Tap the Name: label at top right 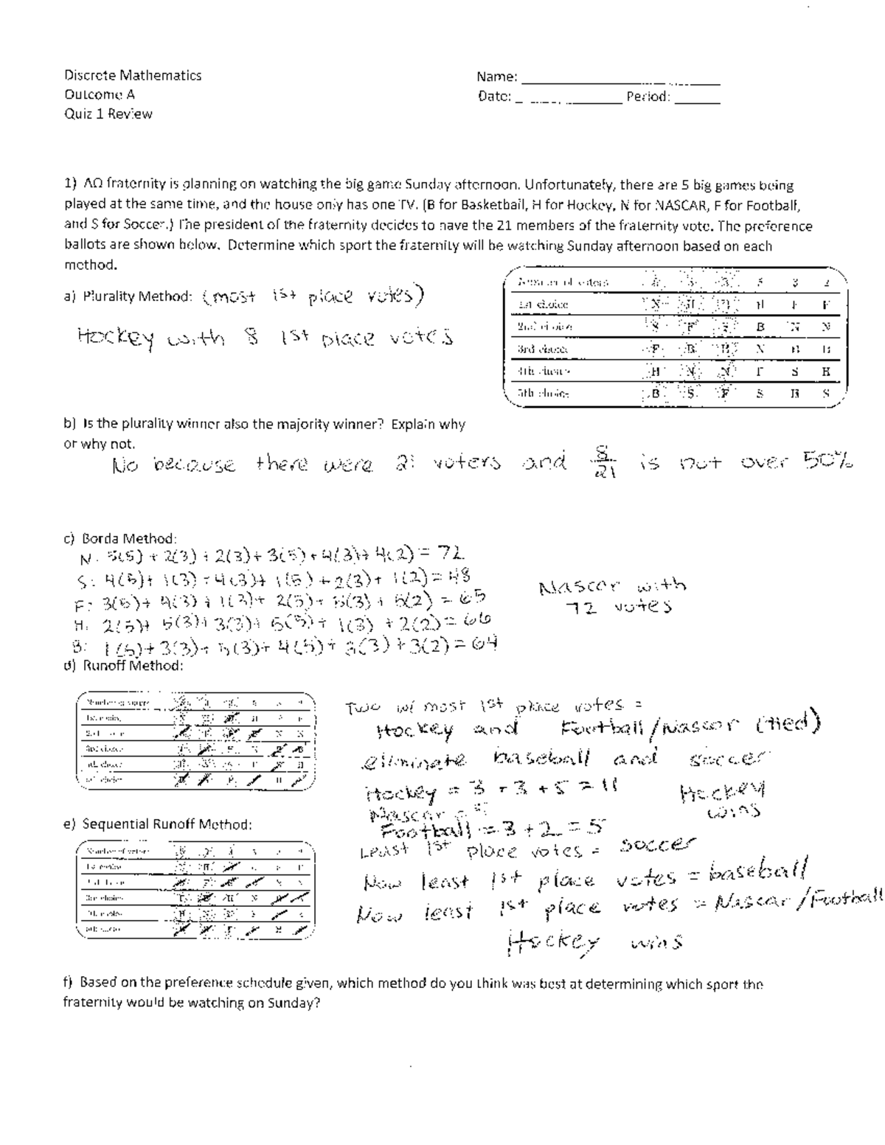click(497, 77)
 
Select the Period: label click(648, 96)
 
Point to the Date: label click(494, 96)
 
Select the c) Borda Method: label click(119, 538)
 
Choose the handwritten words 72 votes click(618, 607)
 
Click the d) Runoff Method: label click(123, 666)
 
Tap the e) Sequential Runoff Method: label click(158, 824)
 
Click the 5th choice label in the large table click(543, 394)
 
